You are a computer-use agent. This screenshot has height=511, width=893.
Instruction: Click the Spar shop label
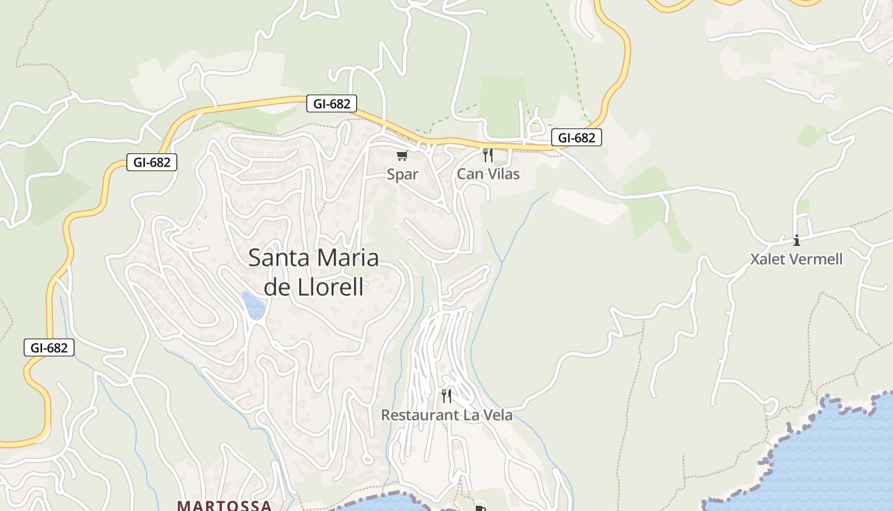(402, 174)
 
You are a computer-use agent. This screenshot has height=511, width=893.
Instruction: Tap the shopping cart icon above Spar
(402, 155)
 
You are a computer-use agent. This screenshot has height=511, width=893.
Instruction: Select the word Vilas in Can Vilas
(502, 174)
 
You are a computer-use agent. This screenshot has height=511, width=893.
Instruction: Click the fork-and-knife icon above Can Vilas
(488, 155)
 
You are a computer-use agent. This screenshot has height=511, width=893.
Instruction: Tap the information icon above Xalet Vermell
(796, 240)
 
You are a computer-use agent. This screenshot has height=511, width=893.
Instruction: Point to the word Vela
(498, 415)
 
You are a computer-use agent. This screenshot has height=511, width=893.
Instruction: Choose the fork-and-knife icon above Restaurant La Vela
(447, 396)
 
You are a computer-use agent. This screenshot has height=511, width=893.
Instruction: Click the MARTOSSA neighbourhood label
(225, 505)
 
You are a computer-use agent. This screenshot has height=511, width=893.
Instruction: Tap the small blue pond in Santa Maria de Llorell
(253, 305)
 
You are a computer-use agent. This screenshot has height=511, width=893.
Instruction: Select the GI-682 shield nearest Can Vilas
(577, 137)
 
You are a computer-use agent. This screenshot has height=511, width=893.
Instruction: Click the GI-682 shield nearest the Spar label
(332, 103)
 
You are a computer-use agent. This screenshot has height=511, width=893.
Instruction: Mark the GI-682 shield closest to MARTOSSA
(49, 348)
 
